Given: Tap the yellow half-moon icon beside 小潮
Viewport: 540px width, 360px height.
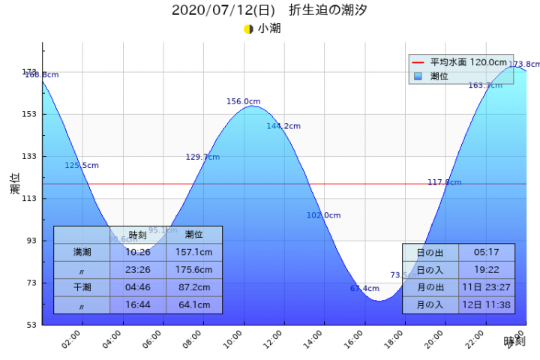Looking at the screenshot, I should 248,29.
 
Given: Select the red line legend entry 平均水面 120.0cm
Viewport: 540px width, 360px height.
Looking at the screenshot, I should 458,62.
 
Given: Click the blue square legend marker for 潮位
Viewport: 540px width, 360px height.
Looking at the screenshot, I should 418,76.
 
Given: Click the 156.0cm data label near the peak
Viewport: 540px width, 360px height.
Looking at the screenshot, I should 244,101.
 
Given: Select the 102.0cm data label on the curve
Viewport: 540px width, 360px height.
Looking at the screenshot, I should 323,215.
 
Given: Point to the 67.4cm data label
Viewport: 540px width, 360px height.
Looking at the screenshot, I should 364,289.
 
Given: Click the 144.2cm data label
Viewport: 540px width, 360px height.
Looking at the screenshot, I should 283,126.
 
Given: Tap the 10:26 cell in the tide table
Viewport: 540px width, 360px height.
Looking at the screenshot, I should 137,252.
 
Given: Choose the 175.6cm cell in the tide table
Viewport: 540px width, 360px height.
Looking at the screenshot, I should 193,270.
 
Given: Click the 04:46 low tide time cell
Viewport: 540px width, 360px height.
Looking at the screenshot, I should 137,287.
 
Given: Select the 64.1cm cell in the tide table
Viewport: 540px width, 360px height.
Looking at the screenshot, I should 193,305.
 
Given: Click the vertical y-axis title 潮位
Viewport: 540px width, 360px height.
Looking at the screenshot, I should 15,184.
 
